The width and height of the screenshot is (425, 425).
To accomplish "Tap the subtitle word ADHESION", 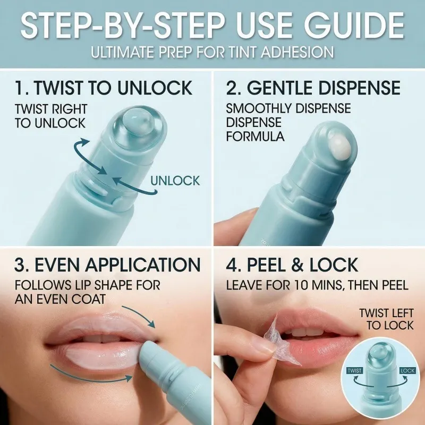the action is [x=297, y=52].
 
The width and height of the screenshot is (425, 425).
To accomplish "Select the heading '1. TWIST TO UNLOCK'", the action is [x=104, y=88].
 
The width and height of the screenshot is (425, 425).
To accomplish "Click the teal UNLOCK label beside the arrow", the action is [x=175, y=181].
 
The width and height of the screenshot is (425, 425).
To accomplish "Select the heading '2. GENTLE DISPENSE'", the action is [x=313, y=88].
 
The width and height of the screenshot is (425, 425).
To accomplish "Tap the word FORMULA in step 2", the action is [x=255, y=137].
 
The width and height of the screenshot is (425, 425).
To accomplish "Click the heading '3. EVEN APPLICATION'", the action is [x=108, y=265].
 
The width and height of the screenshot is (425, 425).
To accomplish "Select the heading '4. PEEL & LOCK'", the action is [x=292, y=265].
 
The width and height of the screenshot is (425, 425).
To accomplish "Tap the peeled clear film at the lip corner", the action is [x=282, y=342].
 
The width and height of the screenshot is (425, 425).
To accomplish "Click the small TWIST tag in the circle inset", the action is [x=355, y=370].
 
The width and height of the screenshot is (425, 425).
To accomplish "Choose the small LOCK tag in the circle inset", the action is [x=407, y=370].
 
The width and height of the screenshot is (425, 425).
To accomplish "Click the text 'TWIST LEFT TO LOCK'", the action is [x=387, y=319].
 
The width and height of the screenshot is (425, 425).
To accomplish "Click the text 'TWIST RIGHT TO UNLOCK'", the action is [x=50, y=116].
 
